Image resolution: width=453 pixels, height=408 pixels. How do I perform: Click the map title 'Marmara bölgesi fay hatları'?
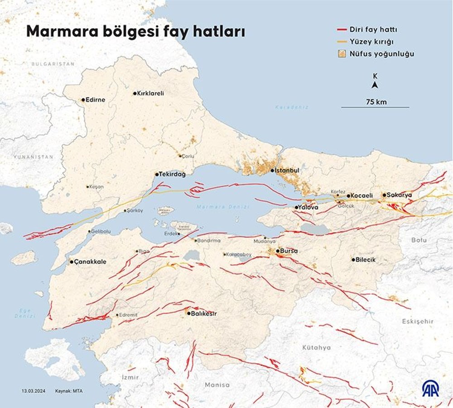[136, 32]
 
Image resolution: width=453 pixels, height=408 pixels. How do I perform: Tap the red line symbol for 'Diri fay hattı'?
[342, 30]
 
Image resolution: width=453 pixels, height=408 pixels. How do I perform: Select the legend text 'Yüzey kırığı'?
[371, 42]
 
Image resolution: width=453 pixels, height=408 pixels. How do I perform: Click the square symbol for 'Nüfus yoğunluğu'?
[342, 54]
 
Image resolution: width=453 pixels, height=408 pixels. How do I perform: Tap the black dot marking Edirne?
[83, 100]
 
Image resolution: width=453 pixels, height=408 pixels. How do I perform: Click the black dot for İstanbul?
[272, 171]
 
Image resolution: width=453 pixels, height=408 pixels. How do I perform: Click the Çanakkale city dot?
[71, 262]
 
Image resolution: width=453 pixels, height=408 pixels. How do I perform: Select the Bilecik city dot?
[353, 260]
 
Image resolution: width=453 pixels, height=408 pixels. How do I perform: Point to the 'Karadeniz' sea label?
[292, 107]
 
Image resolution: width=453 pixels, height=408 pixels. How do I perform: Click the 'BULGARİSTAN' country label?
[53, 64]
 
